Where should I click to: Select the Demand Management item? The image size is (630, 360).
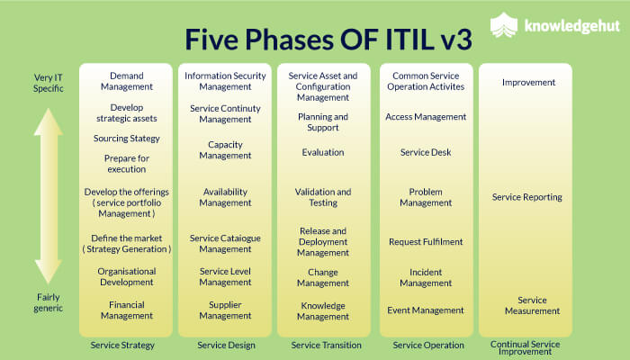click(126, 82)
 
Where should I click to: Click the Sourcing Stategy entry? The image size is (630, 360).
click(126, 139)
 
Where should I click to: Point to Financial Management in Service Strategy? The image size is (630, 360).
click(126, 310)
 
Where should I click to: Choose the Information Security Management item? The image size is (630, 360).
click(225, 82)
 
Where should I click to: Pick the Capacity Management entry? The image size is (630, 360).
click(225, 150)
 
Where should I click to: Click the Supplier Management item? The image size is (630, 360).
click(225, 310)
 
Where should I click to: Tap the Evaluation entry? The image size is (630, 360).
click(323, 152)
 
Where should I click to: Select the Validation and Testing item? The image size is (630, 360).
click(323, 197)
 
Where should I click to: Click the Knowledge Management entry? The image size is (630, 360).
click(323, 310)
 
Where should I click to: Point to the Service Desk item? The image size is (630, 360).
click(426, 152)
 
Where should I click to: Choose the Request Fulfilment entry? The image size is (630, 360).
click(426, 241)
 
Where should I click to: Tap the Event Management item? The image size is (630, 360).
click(426, 310)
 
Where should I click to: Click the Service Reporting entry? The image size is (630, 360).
click(527, 197)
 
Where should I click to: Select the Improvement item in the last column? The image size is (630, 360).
click(528, 83)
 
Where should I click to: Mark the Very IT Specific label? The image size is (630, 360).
click(40, 84)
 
